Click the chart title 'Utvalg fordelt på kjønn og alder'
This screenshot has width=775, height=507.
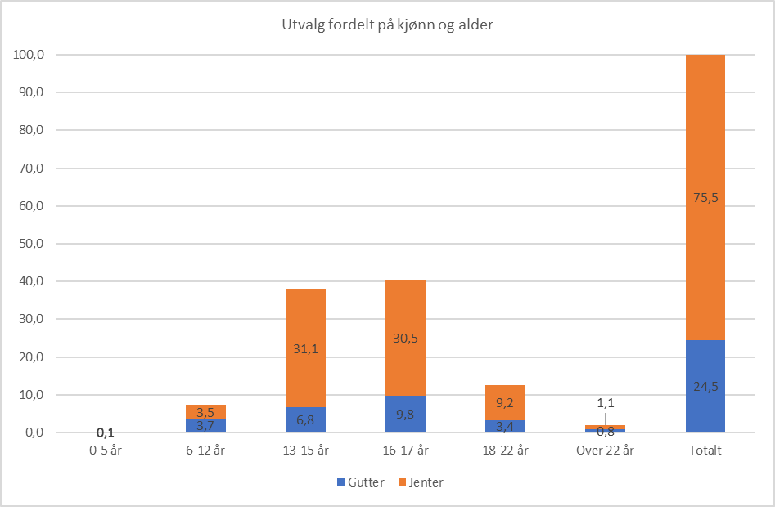click(x=387, y=25)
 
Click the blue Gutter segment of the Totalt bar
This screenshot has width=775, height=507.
click(x=705, y=401)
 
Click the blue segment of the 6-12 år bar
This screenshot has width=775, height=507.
click(x=205, y=426)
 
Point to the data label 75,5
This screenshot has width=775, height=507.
click(x=705, y=197)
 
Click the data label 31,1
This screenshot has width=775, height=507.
click(x=305, y=348)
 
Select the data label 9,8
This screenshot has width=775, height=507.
click(x=405, y=414)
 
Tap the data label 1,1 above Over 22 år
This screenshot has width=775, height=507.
click(x=605, y=403)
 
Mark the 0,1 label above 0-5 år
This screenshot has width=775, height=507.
click(x=106, y=433)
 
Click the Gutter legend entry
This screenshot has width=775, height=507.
click(x=360, y=482)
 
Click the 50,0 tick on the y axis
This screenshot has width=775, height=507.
click(x=29, y=244)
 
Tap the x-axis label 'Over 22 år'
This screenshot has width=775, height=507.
click(x=605, y=451)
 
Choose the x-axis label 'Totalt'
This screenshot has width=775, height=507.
click(x=705, y=451)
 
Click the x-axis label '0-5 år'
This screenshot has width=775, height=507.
click(x=106, y=451)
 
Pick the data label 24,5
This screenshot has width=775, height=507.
click(x=705, y=387)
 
